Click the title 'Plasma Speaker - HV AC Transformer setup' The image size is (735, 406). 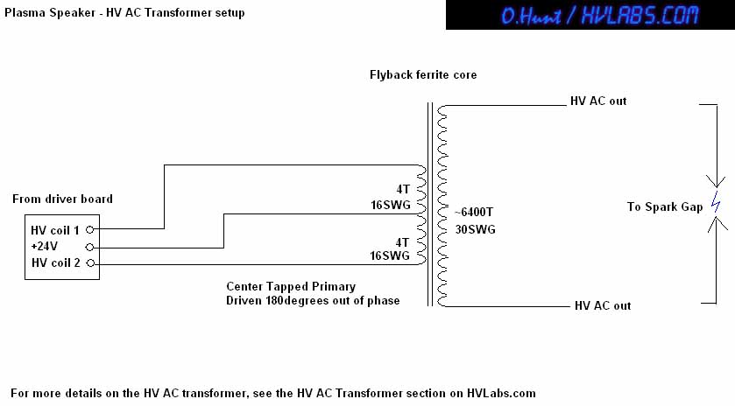tap(124, 12)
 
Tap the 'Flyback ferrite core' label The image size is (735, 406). tap(423, 75)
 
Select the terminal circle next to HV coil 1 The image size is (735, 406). tap(90, 229)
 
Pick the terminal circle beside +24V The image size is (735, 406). tap(90, 247)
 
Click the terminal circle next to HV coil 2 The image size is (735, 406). tap(90, 263)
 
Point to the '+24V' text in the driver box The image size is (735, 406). tap(44, 246)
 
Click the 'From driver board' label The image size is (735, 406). tap(62, 199)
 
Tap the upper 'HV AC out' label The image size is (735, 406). tap(598, 101)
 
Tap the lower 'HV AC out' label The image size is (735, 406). tap(603, 305)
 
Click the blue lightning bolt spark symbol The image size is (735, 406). tap(716, 202)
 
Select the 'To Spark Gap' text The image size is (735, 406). tap(665, 207)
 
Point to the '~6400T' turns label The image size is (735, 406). tap(473, 212)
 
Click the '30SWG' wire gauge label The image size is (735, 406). tap(476, 229)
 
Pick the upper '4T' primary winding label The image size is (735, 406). tap(403, 189)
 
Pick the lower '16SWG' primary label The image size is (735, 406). tap(390, 255)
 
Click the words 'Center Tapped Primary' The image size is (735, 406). tap(291, 286)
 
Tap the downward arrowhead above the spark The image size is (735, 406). tap(716, 182)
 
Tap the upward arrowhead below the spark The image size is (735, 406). tap(717, 224)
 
